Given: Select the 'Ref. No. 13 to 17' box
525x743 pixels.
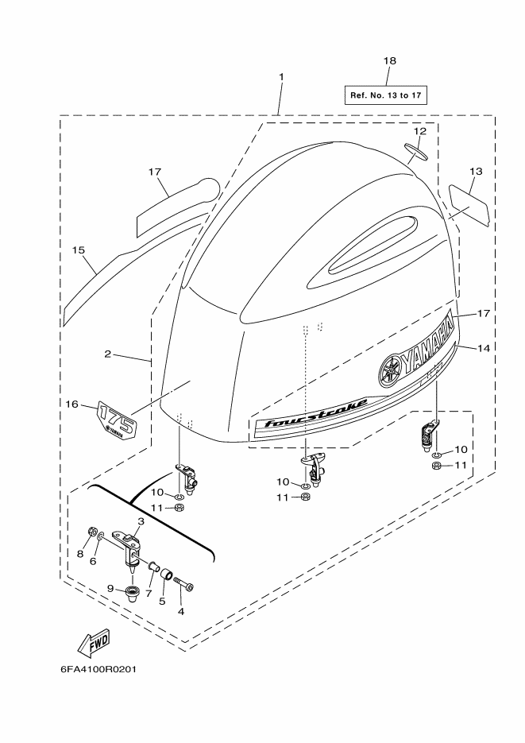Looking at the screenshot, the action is click(385, 95).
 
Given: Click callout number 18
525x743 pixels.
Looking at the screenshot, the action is click(390, 60).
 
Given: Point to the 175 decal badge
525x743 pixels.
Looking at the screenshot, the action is click(117, 420).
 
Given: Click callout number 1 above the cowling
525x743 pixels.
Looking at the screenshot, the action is click(281, 77).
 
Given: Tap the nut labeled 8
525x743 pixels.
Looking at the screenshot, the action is click(92, 531).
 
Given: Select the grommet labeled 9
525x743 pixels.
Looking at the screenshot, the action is click(132, 592).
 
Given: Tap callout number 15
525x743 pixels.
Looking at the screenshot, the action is click(79, 250).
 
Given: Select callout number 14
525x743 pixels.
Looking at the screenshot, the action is click(484, 348).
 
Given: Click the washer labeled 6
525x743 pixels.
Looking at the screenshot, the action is click(100, 536).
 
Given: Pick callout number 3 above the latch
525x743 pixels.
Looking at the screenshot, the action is click(141, 520).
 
